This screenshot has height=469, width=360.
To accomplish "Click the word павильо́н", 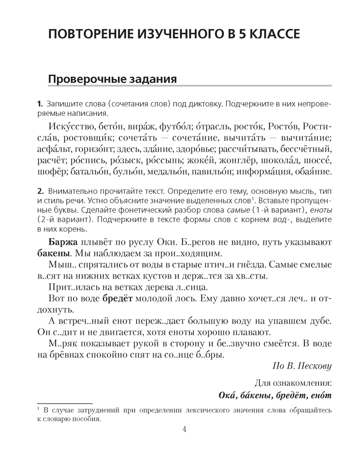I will pyautogui.click(x=209, y=172).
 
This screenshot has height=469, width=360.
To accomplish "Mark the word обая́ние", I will pyautogui.click(x=312, y=172).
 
